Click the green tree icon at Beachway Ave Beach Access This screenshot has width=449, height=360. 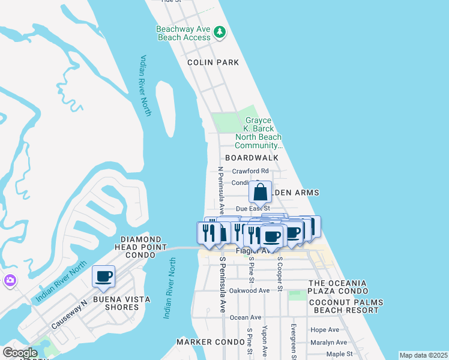220,32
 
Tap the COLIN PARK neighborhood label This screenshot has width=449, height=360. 212,62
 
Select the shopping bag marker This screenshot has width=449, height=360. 261,193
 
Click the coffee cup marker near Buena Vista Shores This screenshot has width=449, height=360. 104,276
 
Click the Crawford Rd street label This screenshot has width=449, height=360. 250,171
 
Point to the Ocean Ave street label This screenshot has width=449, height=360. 246,317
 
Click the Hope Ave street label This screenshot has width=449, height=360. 325,330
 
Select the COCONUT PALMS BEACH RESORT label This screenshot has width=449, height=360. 345,306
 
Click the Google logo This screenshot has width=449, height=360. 20,353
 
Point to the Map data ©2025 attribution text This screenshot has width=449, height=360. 423,355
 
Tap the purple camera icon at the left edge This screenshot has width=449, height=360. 10,280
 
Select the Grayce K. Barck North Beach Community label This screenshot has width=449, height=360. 258,133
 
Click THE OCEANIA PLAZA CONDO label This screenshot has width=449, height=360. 345,287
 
